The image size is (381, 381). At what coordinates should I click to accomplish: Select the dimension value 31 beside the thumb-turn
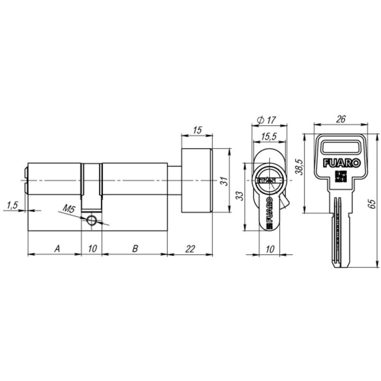click(x=223, y=182)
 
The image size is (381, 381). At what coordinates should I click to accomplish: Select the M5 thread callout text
click(x=69, y=208)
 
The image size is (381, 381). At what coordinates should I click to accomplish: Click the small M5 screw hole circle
click(x=92, y=220)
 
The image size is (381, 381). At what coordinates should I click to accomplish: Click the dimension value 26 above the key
click(x=341, y=119)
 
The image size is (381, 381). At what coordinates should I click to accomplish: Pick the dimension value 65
click(x=372, y=204)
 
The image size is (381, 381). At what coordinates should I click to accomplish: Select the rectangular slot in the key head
click(x=341, y=146)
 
